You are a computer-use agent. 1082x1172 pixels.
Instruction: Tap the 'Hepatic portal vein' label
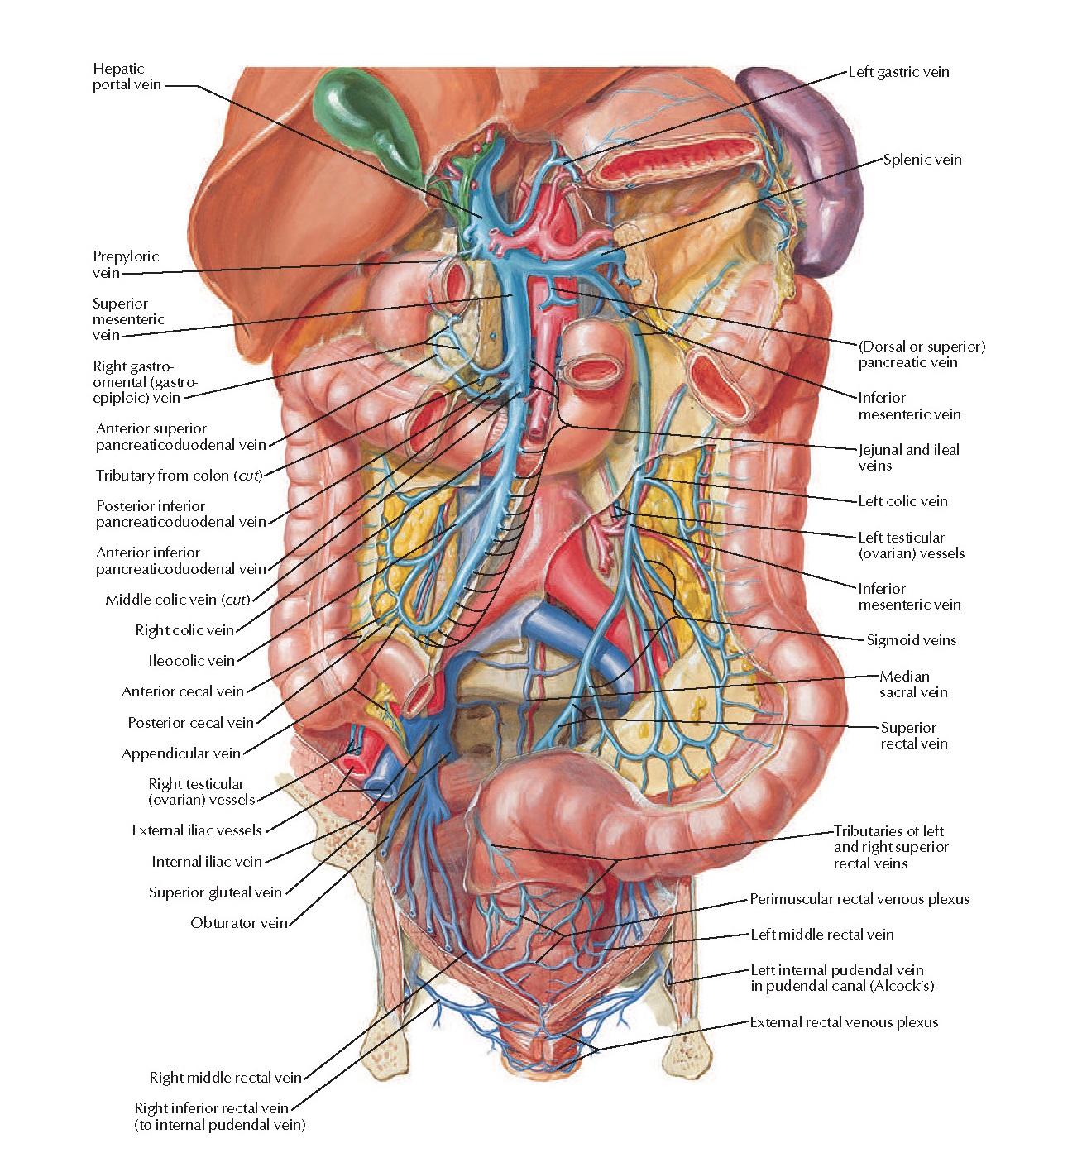tap(126, 77)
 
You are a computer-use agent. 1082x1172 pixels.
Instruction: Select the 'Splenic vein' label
tap(922, 160)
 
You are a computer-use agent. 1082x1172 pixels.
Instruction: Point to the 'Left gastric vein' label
tap(898, 72)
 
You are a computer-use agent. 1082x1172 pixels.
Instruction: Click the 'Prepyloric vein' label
tap(125, 265)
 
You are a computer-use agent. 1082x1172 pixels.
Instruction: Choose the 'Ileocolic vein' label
tap(191, 661)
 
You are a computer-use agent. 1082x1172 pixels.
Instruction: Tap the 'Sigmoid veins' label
tap(911, 640)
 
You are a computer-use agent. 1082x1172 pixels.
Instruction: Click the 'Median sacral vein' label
tap(912, 684)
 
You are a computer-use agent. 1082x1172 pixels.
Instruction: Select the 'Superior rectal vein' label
tap(913, 735)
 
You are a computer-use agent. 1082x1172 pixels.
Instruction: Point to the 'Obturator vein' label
tap(238, 923)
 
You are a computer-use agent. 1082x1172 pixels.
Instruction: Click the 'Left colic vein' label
tap(902, 501)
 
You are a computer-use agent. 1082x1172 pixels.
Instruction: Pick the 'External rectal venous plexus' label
tap(844, 1022)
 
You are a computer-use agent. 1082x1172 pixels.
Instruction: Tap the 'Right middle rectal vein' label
tap(225, 1078)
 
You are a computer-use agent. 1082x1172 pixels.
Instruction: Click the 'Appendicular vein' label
tap(180, 753)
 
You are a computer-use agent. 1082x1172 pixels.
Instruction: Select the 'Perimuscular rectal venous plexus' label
tap(859, 899)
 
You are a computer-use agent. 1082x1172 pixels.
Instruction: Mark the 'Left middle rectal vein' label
tap(821, 935)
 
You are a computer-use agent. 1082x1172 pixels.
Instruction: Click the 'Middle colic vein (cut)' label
tap(177, 600)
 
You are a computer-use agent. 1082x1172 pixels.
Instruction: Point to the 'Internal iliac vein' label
tap(206, 862)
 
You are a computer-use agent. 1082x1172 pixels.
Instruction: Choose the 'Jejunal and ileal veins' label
tap(908, 457)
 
